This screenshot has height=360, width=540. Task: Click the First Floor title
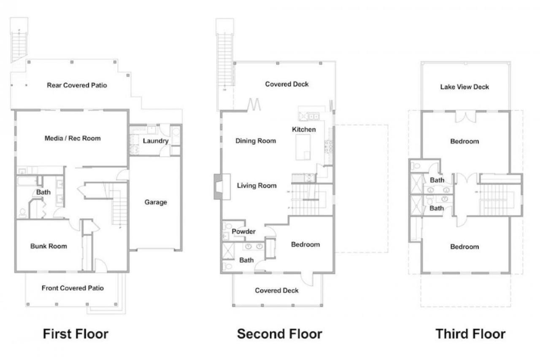[x=76, y=334]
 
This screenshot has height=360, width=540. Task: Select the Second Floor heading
[x=279, y=334]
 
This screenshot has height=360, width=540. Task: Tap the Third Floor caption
[x=470, y=334]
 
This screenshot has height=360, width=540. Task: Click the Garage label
[x=156, y=202]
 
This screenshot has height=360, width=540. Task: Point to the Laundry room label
[x=156, y=141]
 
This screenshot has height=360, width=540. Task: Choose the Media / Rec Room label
[x=73, y=138]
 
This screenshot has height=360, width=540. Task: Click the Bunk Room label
[x=49, y=246]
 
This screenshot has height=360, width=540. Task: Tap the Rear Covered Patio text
[x=77, y=85]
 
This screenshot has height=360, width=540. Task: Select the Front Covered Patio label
[x=73, y=288]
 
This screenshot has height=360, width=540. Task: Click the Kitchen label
[x=304, y=129]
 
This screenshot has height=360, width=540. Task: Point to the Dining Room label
[x=256, y=141]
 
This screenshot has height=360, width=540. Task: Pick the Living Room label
[x=256, y=185]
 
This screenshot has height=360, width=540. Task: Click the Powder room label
[x=243, y=231]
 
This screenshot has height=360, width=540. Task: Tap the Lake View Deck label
[x=464, y=87]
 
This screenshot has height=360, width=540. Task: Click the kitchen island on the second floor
[x=303, y=147]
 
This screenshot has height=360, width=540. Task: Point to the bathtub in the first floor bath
[x=27, y=181]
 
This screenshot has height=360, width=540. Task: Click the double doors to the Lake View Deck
[x=466, y=117]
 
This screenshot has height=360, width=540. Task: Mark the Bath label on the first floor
[x=43, y=192]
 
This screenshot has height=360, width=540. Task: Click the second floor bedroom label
[x=305, y=244]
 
